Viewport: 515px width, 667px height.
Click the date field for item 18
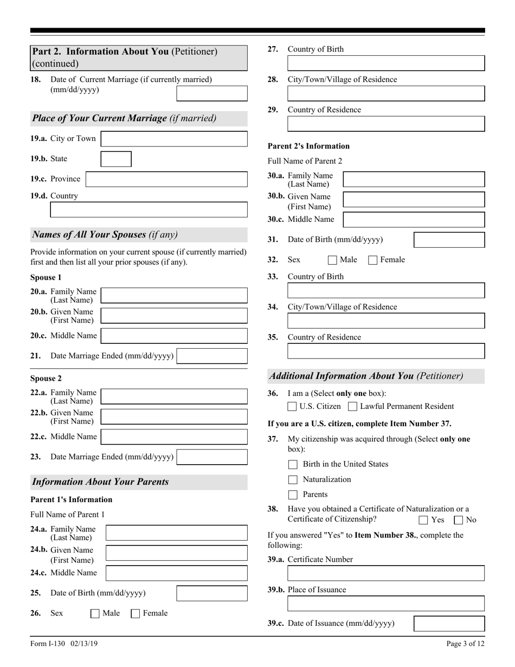[212, 94]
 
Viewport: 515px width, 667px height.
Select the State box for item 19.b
[116, 159]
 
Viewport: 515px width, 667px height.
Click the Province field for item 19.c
[166, 179]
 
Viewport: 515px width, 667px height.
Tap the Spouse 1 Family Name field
[174, 296]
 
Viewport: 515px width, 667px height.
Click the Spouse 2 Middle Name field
[174, 437]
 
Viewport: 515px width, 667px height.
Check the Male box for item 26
[95, 614]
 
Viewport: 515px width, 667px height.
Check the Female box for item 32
[373, 260]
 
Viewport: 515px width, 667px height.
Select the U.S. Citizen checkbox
[292, 407]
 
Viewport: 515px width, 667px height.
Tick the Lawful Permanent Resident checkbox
[352, 407]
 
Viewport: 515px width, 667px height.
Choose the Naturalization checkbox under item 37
[293, 480]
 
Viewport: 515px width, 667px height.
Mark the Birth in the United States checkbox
[293, 465]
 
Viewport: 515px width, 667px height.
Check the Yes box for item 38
[423, 520]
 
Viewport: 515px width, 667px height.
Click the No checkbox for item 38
[459, 520]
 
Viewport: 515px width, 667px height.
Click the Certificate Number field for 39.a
[385, 574]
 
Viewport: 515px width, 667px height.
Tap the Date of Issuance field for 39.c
[449, 624]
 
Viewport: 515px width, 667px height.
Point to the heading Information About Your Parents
[101, 482]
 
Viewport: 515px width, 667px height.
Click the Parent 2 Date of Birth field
[449, 240]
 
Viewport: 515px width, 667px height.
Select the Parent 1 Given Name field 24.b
[176, 553]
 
